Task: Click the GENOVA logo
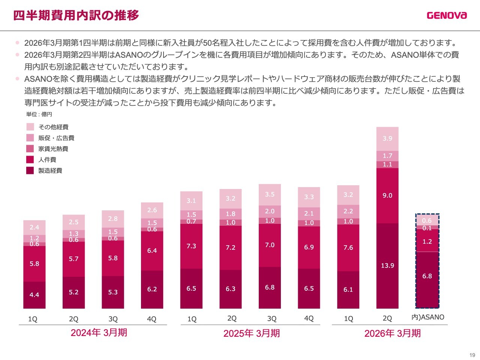447,15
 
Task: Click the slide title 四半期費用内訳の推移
76,15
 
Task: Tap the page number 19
472,355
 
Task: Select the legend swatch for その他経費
30,127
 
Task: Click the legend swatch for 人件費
30,160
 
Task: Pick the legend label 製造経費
50,171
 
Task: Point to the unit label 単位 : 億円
39,114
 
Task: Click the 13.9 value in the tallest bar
387,265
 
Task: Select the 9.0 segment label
387,195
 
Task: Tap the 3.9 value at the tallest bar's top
387,138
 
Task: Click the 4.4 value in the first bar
34,295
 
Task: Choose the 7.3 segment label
191,246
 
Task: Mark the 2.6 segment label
152,210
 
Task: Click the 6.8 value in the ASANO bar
427,276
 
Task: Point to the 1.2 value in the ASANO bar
427,241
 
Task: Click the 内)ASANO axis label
427,317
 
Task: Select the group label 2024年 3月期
99,333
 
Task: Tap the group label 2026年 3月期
392,333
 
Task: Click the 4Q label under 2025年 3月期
309,318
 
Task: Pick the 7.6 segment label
348,247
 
